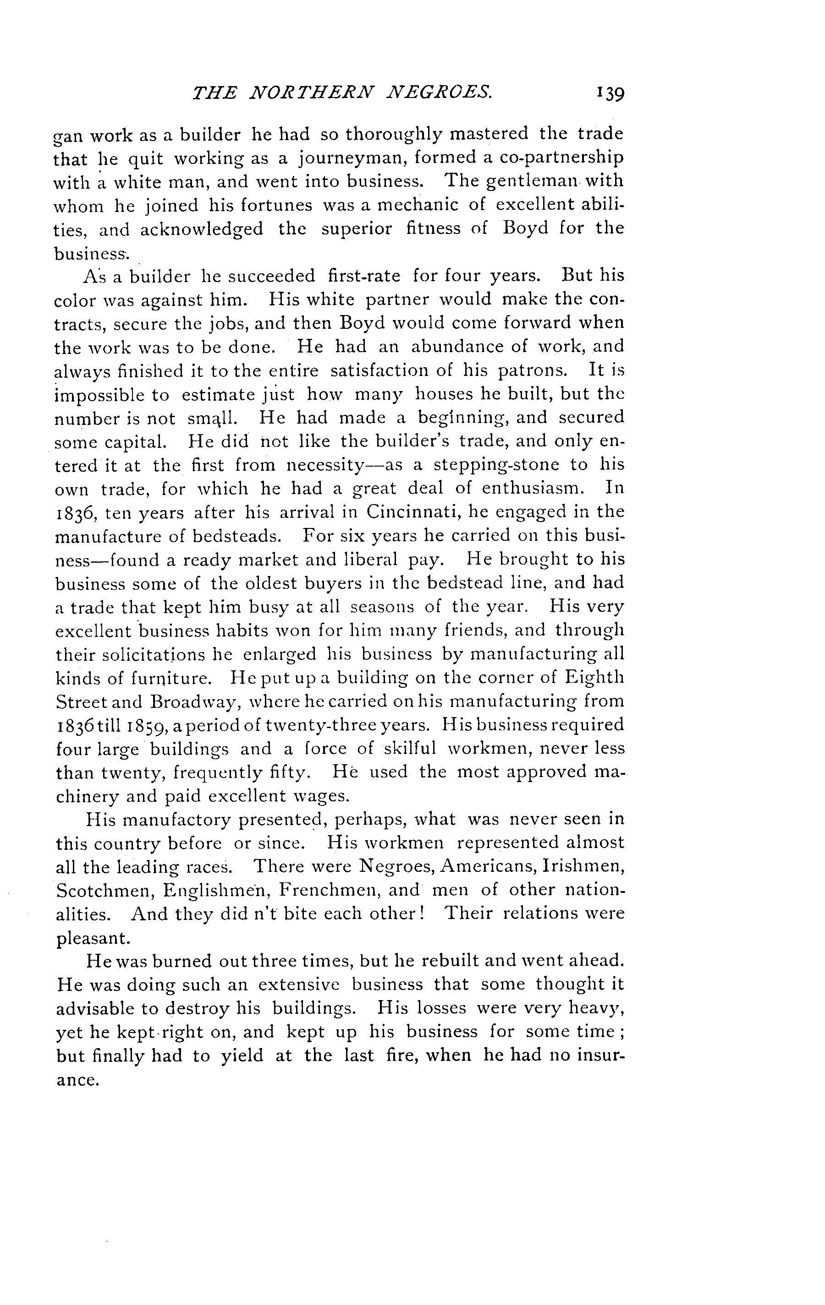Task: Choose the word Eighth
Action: coord(594,678)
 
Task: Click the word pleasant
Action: coord(92,938)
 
